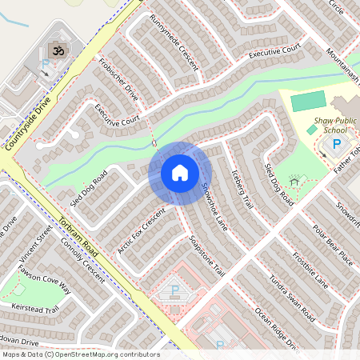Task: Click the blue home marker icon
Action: coord(179,173)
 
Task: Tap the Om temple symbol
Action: coord(57,50)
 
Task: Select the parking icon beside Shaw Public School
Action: coord(336,144)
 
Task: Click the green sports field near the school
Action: coord(308,102)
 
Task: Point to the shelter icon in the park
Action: coord(294,181)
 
